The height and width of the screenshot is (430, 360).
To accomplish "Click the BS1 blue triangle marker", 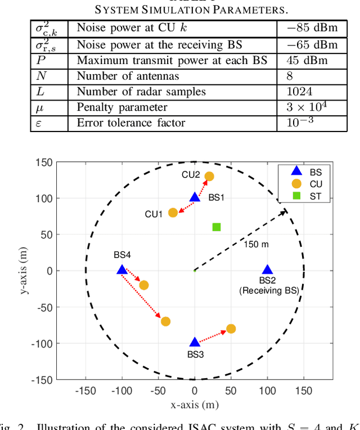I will (195, 197).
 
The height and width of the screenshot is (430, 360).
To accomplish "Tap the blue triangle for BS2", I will (268, 270).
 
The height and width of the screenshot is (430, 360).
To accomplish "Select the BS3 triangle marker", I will (195, 342).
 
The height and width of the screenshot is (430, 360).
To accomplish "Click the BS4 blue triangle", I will (121, 270).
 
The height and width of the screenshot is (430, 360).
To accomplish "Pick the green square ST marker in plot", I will (217, 227).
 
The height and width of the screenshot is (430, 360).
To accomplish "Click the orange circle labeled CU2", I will (209, 176).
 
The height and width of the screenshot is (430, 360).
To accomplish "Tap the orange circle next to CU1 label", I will (173, 212).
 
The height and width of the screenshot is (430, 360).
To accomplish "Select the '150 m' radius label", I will (256, 244).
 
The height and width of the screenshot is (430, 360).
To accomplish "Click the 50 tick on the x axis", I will (231, 390).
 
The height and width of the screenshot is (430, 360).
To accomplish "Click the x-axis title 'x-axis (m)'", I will (195, 404).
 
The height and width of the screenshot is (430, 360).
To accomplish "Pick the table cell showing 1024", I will (299, 91).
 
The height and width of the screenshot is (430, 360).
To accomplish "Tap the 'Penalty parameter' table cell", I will (122, 107).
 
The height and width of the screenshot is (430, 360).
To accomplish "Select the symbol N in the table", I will (40, 76).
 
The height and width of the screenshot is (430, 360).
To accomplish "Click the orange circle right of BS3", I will (231, 328).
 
